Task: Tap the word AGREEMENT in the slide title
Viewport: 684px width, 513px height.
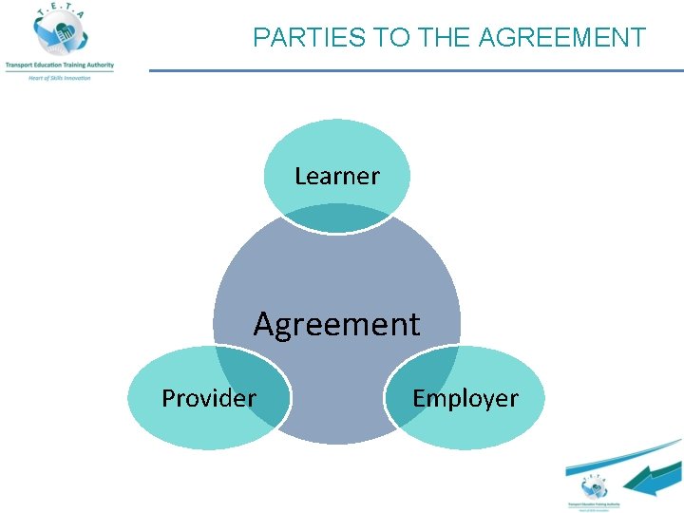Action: pyautogui.click(x=562, y=38)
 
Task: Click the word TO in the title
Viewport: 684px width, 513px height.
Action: pyautogui.click(x=388, y=38)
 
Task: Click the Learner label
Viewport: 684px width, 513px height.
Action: pyautogui.click(x=336, y=176)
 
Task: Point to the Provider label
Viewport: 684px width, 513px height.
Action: pyautogui.click(x=208, y=397)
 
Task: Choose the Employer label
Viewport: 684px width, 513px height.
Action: pyautogui.click(x=465, y=397)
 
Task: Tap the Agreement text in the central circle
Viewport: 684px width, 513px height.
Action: pyautogui.click(x=336, y=324)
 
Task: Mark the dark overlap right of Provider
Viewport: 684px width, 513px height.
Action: pyautogui.click(x=258, y=389)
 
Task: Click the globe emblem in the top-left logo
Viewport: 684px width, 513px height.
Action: pyautogui.click(x=57, y=34)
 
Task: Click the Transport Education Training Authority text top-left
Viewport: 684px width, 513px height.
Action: pyautogui.click(x=58, y=66)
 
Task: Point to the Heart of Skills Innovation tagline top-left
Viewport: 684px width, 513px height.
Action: pyautogui.click(x=59, y=77)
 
